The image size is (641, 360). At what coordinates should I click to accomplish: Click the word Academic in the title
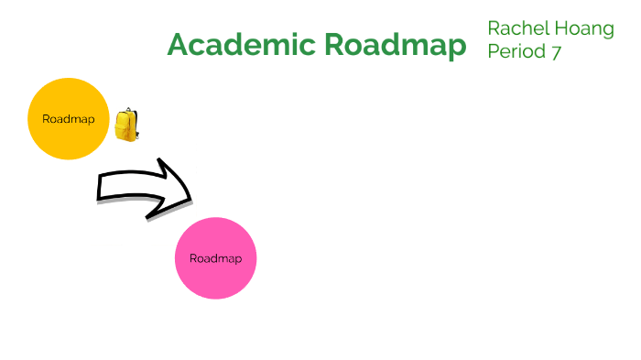(x=240, y=45)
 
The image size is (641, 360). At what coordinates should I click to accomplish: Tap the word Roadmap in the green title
(x=396, y=45)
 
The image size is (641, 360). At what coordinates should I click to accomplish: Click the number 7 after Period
(x=556, y=52)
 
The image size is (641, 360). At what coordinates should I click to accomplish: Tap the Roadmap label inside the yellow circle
(x=68, y=119)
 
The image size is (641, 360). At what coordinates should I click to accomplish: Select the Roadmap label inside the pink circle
(x=215, y=258)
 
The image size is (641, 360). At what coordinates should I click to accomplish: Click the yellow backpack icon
(x=126, y=125)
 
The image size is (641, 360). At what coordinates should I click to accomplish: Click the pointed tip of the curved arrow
(x=190, y=197)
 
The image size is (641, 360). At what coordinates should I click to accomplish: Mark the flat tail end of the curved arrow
(x=100, y=187)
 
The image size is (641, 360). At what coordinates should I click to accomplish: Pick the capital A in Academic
(x=179, y=45)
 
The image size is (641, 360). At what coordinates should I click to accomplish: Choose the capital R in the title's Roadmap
(x=338, y=45)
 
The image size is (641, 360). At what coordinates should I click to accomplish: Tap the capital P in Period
(x=494, y=52)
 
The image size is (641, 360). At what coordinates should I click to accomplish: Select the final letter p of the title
(x=455, y=48)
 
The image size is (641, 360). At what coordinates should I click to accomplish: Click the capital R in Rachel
(x=494, y=28)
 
